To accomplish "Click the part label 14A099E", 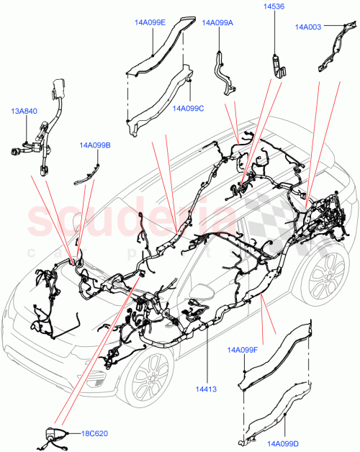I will pyautogui.click(x=150, y=22).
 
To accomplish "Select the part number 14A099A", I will pyautogui.click(x=218, y=22).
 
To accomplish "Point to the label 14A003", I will pyautogui.click(x=309, y=27).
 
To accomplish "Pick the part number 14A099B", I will pyautogui.click(x=95, y=145).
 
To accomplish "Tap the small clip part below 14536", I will pyautogui.click(x=276, y=65).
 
